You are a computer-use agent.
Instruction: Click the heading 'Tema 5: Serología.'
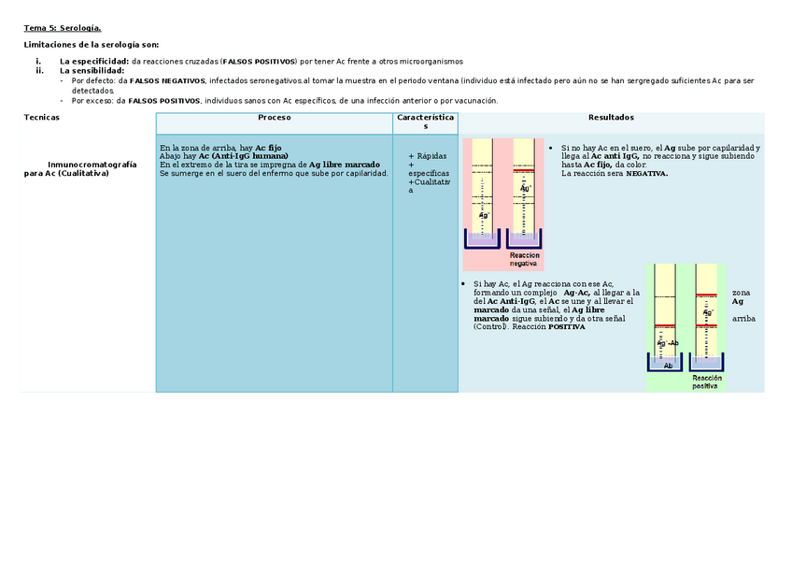click(x=62, y=29)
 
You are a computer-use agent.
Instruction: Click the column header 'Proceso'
click(x=274, y=118)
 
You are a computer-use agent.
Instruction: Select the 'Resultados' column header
click(x=611, y=118)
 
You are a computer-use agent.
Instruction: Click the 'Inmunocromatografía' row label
click(x=92, y=165)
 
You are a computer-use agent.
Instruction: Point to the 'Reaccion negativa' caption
click(x=524, y=260)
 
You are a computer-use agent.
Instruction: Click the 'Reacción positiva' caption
click(x=705, y=381)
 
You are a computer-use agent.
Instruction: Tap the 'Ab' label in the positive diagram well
click(x=668, y=366)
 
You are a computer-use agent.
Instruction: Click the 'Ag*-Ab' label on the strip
click(x=668, y=343)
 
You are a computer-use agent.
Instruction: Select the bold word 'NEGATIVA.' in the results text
click(x=646, y=173)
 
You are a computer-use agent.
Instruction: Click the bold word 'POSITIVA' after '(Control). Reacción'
click(x=566, y=327)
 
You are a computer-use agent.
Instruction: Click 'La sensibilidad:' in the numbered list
click(x=92, y=71)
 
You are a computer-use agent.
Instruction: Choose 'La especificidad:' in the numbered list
click(x=93, y=61)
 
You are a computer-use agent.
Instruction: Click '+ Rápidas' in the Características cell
click(x=427, y=156)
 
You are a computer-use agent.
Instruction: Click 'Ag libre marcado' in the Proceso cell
click(x=344, y=165)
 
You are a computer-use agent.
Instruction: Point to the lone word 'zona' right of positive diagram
click(x=741, y=293)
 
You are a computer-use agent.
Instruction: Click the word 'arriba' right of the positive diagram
click(x=743, y=319)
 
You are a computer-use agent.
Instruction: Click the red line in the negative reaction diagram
click(x=525, y=169)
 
